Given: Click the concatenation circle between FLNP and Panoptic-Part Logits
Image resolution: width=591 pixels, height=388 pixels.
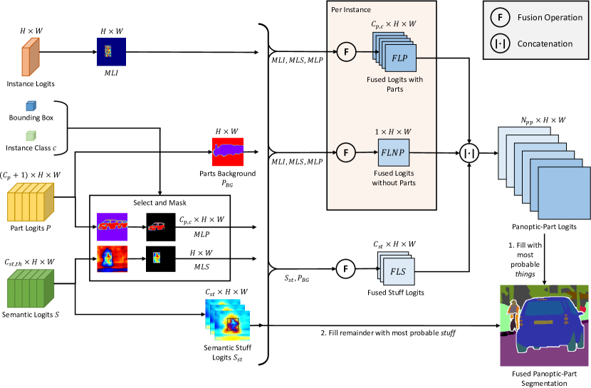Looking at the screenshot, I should point(469,152).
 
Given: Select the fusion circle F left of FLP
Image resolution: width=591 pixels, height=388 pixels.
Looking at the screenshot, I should point(346,52).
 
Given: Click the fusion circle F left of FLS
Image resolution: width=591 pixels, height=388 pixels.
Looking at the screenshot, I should point(346,269).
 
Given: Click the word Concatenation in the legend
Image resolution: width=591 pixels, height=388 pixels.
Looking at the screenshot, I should point(545,43).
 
